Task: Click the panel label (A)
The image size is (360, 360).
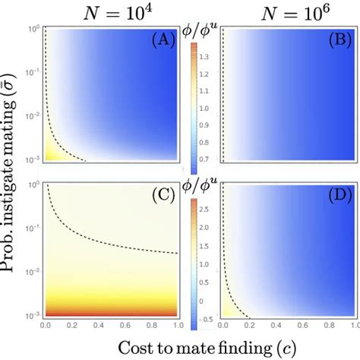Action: point(162,39)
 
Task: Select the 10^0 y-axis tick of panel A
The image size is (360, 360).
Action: point(33,30)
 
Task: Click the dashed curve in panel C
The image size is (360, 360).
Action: point(114,240)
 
